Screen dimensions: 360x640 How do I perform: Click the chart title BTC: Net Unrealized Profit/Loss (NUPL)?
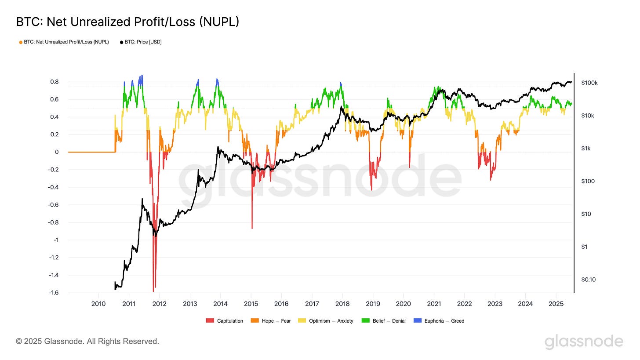(127, 22)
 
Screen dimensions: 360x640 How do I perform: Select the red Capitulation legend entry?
(225, 321)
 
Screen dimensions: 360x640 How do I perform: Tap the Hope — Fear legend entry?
(272, 321)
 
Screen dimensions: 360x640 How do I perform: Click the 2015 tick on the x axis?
(251, 303)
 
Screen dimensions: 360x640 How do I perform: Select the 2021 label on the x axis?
(434, 303)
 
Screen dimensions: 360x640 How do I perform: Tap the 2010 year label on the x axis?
(98, 303)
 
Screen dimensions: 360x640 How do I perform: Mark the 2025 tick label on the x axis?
(556, 303)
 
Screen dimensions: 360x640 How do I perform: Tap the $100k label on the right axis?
(589, 83)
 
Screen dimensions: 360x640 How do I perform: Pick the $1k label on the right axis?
(586, 149)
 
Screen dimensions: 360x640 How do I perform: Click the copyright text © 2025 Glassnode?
(87, 341)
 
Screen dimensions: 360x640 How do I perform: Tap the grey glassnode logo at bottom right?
(584, 342)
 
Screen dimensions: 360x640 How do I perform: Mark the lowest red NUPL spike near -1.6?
(153, 290)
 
